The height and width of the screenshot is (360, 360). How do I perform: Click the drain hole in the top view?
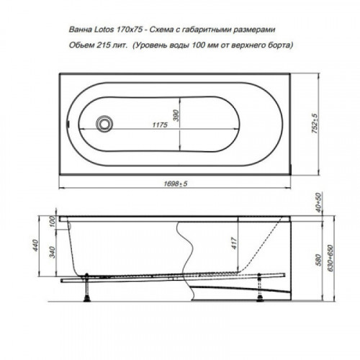(x=104, y=124)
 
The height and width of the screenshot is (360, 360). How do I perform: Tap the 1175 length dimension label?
(x=160, y=125)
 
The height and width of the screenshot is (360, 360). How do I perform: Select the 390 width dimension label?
(x=176, y=115)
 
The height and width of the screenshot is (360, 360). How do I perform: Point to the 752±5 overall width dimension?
(x=315, y=124)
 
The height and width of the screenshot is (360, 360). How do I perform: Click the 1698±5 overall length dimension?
(x=176, y=184)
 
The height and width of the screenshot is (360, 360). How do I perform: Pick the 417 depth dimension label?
(x=234, y=243)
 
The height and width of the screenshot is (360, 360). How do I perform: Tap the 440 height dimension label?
(x=35, y=246)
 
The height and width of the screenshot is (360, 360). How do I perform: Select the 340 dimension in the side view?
(x=52, y=252)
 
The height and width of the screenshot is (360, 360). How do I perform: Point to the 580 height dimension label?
(x=318, y=260)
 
